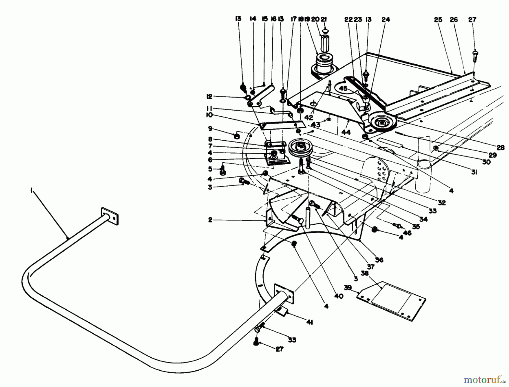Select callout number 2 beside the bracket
[210, 220]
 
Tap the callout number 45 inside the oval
[343, 88]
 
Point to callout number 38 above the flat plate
[365, 273]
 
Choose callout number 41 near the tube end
[310, 322]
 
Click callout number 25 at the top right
[438, 19]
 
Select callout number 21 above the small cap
[324, 19]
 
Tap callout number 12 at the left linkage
[210, 97]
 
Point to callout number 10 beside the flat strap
[210, 115]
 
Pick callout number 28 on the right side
[501, 147]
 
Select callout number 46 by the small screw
[407, 233]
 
